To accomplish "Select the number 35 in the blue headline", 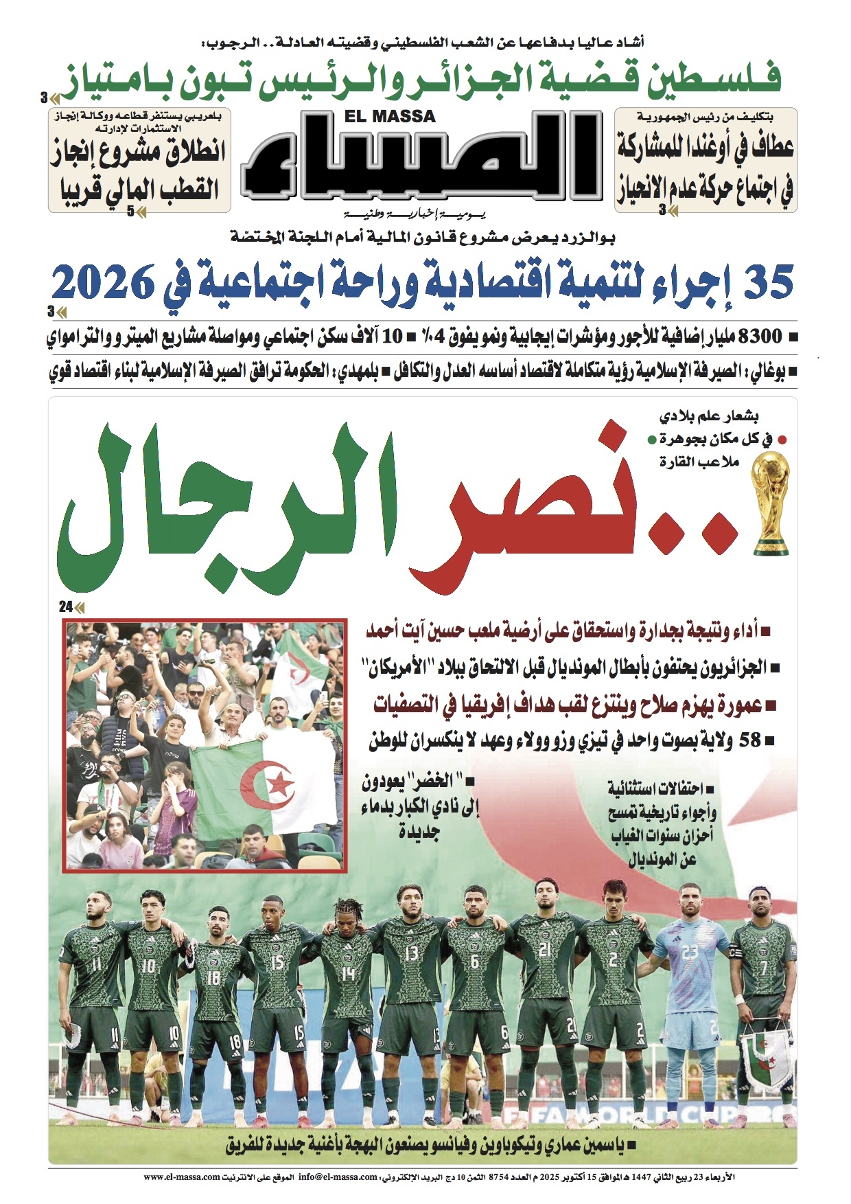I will click(768, 282).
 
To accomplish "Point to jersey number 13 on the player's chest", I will click(411, 952).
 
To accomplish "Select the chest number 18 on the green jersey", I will click(213, 976).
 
